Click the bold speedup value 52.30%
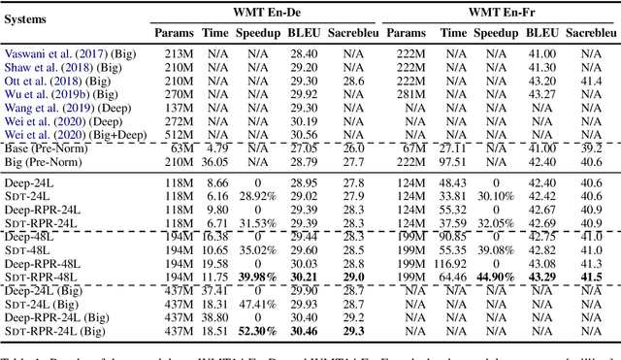(257, 330)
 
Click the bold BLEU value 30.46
(304, 330)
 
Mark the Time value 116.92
(451, 263)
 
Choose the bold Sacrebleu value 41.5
(593, 277)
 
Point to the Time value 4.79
(216, 147)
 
